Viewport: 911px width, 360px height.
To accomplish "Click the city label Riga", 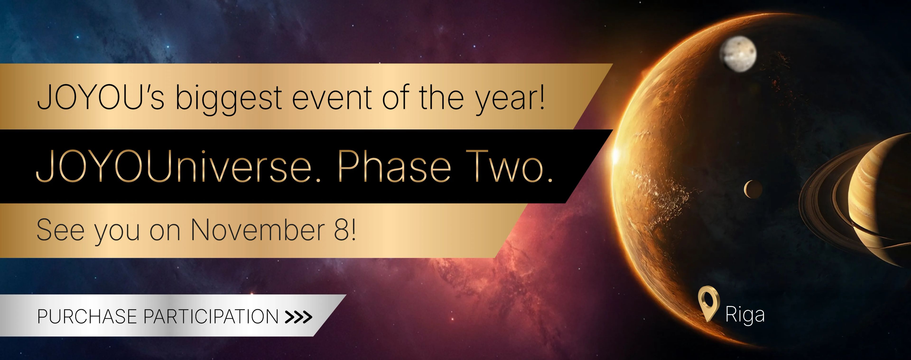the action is pos(745,314).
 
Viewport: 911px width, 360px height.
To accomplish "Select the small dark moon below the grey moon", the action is pos(753,189).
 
